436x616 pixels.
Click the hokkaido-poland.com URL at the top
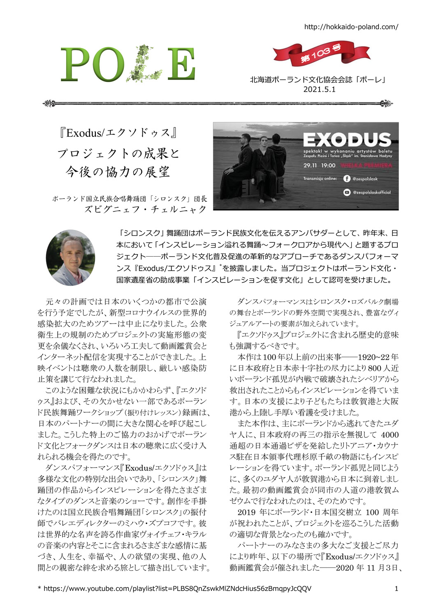(x=351, y=27)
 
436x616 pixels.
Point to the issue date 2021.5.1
(x=319, y=90)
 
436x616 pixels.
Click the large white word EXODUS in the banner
(x=347, y=140)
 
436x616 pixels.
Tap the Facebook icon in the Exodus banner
(x=347, y=179)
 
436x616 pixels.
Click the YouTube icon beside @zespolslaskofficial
(x=347, y=192)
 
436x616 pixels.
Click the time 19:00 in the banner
(x=328, y=165)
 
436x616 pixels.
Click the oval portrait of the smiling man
(x=70, y=257)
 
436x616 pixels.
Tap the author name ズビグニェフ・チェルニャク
(x=145, y=209)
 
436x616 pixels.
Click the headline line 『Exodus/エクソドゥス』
(x=118, y=133)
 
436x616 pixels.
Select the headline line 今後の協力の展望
(x=118, y=172)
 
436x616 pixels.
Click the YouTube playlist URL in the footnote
(x=177, y=588)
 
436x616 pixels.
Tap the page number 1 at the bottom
(x=396, y=589)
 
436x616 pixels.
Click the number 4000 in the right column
(x=390, y=434)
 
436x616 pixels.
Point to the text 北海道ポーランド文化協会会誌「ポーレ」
(x=319, y=80)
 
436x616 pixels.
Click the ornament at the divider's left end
(x=49, y=103)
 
